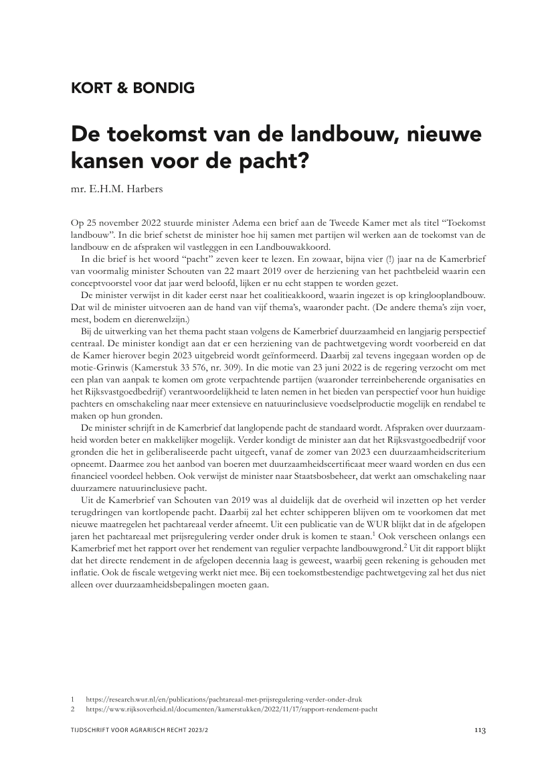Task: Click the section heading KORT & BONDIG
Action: coord(132,88)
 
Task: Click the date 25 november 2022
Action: coord(122,221)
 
